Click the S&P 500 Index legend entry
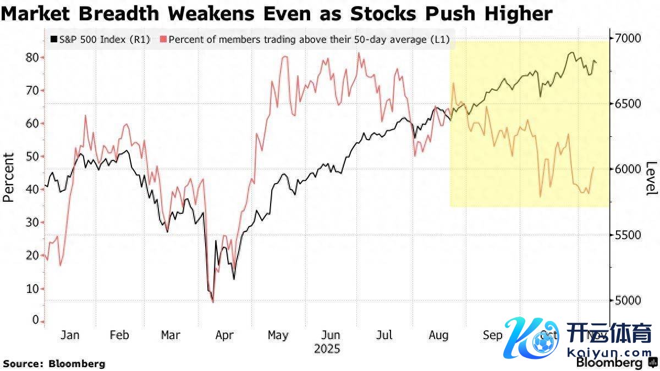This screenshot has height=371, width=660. (100, 40)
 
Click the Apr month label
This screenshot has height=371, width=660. (224, 335)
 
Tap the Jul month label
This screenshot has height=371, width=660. (386, 335)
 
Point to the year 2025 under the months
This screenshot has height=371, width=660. (327, 348)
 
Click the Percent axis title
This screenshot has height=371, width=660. (9, 178)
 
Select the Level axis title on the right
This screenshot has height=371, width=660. (651, 178)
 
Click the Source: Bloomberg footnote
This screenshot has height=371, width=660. (54, 363)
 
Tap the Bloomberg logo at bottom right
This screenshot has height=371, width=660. (609, 363)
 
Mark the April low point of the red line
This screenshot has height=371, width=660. (213, 302)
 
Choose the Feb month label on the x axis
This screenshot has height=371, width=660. (119, 335)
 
